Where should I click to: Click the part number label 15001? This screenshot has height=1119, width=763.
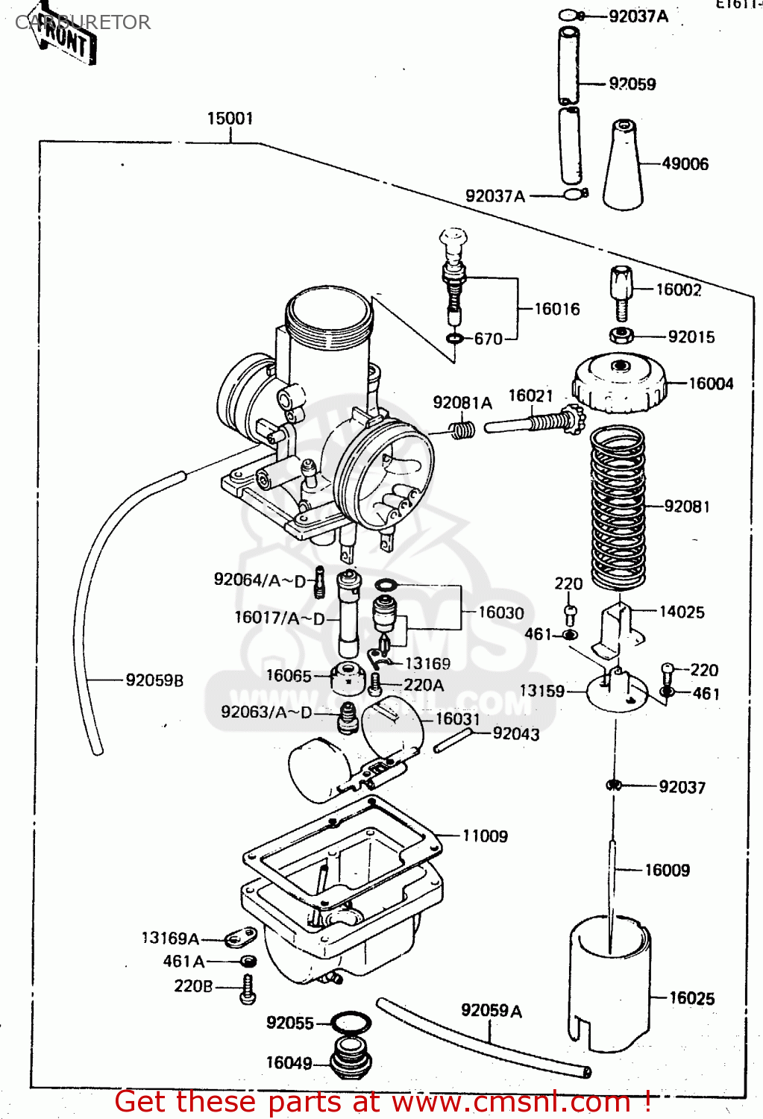230,119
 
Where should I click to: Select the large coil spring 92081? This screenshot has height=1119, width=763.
618,507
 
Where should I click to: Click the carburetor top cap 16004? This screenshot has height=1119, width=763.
619,382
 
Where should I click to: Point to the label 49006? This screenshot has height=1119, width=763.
685,164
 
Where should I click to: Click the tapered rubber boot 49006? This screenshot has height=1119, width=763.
624,166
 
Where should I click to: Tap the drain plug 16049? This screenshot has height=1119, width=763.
351,1058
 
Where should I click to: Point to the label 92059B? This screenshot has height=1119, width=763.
154,680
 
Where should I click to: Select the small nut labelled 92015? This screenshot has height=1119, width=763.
621,336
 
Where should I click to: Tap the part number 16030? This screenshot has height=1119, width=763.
500,613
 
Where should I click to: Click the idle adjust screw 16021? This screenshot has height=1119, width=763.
537,423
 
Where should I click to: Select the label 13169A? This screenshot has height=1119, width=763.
170,938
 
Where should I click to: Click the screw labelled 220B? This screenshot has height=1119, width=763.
248,988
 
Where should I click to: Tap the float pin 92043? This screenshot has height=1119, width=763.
453,740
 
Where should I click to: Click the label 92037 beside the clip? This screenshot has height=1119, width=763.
682,787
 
